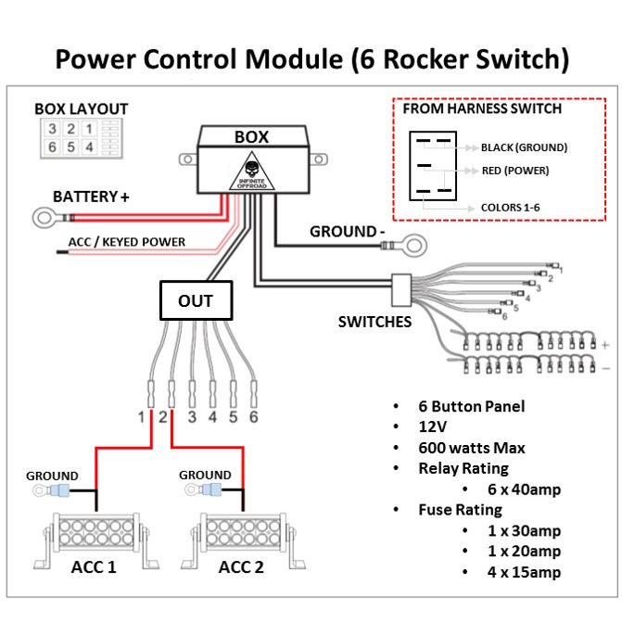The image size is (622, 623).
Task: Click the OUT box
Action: (x=195, y=300)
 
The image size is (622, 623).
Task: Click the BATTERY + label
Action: (x=90, y=197)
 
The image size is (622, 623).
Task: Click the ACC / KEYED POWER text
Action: (x=127, y=242)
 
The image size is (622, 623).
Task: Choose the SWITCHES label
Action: (x=374, y=322)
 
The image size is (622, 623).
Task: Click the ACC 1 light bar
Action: (x=94, y=537)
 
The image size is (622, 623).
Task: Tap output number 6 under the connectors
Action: (x=253, y=417)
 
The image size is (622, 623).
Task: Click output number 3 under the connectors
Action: (x=192, y=417)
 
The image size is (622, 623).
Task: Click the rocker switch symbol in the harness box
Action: (x=433, y=166)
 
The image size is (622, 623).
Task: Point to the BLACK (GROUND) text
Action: (x=524, y=147)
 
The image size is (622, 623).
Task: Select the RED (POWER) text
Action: (x=515, y=171)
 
